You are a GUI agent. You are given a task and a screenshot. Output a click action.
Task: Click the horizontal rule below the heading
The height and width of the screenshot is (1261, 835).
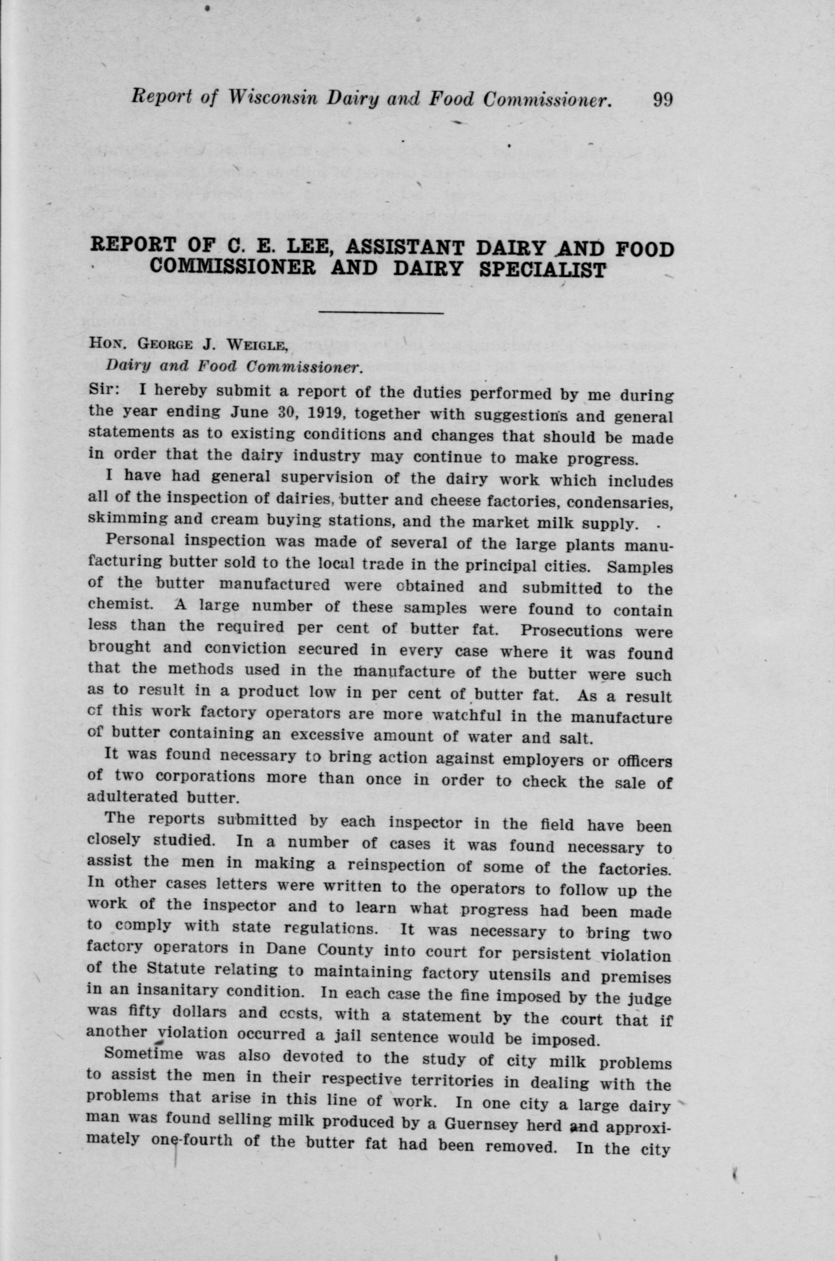click(381, 313)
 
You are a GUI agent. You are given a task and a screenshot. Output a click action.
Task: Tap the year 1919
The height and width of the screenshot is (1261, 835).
click(325, 413)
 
